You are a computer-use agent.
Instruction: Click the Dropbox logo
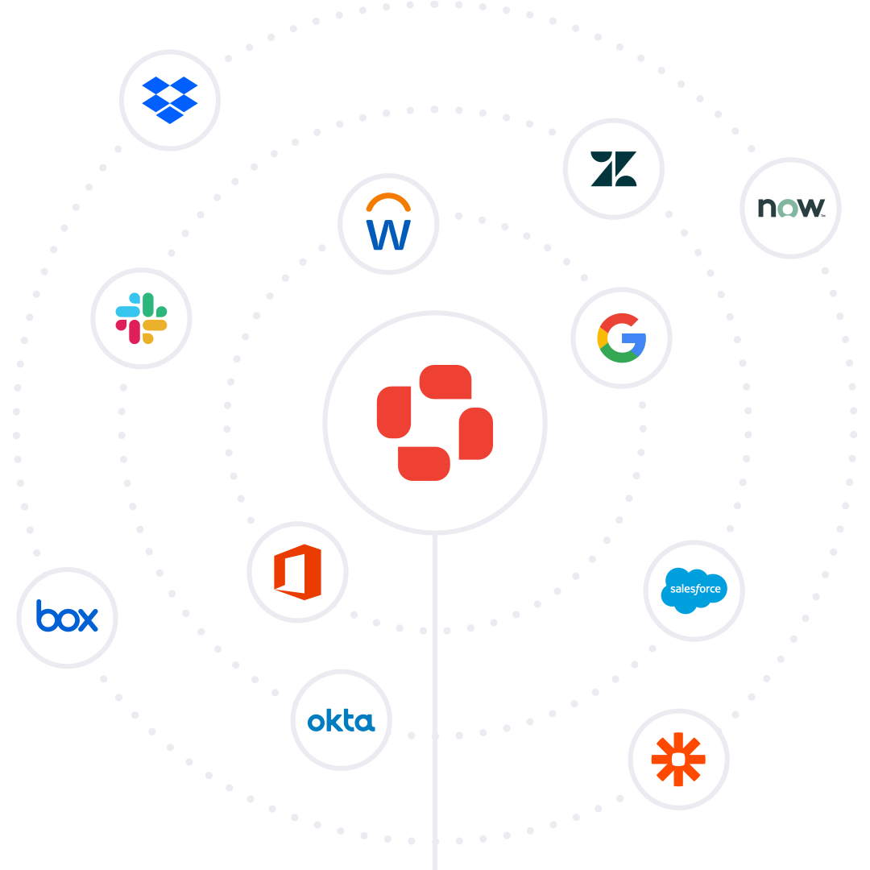pyautogui.click(x=170, y=100)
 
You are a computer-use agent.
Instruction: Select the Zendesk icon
pyautogui.click(x=614, y=169)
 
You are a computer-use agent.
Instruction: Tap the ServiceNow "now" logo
pyautogui.click(x=790, y=208)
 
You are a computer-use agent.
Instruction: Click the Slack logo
pyautogui.click(x=141, y=318)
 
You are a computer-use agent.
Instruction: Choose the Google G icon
pyautogui.click(x=621, y=338)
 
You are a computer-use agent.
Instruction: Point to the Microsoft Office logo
pyautogui.click(x=297, y=572)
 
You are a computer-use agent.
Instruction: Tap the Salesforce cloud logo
pyautogui.click(x=694, y=590)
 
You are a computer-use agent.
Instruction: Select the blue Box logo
pyautogui.click(x=67, y=617)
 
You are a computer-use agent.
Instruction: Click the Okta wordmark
pyautogui.click(x=342, y=720)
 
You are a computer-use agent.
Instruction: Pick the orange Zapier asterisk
pyautogui.click(x=678, y=759)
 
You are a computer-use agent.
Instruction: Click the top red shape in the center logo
pyautogui.click(x=445, y=382)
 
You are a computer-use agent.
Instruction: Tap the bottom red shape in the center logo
pyautogui.click(x=424, y=464)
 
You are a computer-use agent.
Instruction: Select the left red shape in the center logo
pyautogui.click(x=394, y=412)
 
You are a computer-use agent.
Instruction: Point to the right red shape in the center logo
pyautogui.click(x=475, y=433)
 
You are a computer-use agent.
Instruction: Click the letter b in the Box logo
pyautogui.click(x=45, y=615)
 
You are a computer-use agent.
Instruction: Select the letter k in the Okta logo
pyautogui.click(x=330, y=719)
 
